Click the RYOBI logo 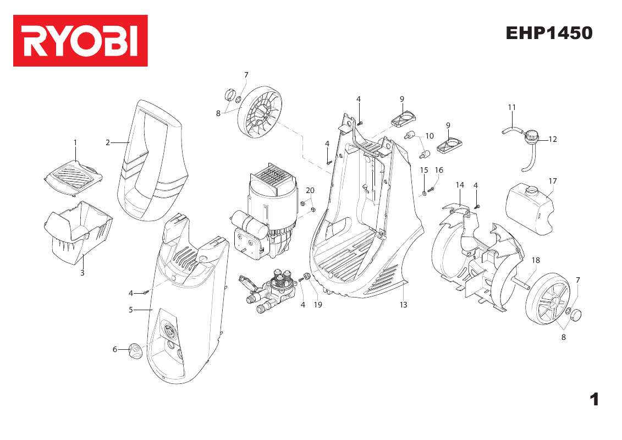click(x=80, y=41)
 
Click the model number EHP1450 click(x=549, y=34)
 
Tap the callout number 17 click(x=553, y=180)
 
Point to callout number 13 click(x=404, y=304)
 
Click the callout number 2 click(x=108, y=142)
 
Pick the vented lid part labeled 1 click(x=73, y=177)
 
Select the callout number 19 click(x=318, y=304)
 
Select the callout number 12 click(x=553, y=139)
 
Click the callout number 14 click(x=460, y=185)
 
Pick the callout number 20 click(x=310, y=190)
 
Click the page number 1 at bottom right click(x=593, y=399)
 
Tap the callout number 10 click(x=430, y=136)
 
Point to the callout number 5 click(x=131, y=310)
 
